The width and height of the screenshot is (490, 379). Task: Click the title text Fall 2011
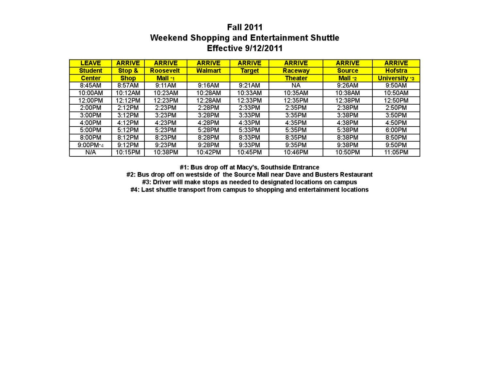tap(245, 27)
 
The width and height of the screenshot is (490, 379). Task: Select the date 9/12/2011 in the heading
tap(264, 48)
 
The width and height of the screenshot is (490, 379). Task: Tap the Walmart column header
tap(208, 71)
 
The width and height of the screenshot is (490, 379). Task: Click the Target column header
tap(249, 71)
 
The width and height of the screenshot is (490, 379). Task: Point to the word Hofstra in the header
tap(396, 71)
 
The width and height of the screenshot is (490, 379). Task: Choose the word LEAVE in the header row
tap(90, 63)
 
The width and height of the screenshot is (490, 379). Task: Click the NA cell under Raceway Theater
tap(296, 85)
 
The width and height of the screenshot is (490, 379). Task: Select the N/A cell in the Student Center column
tap(90, 152)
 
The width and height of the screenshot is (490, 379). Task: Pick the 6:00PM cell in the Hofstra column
tap(396, 130)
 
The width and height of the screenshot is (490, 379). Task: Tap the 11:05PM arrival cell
tap(396, 152)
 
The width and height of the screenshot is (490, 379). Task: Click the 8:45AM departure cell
tap(90, 85)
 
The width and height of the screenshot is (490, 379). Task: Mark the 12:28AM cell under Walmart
tap(208, 100)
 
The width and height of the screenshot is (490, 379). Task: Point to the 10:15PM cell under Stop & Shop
tap(128, 152)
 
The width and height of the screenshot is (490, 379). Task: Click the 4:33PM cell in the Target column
tap(249, 123)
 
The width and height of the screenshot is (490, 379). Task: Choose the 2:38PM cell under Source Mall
tap(348, 108)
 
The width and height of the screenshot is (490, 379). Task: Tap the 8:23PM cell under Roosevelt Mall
tap(166, 138)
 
